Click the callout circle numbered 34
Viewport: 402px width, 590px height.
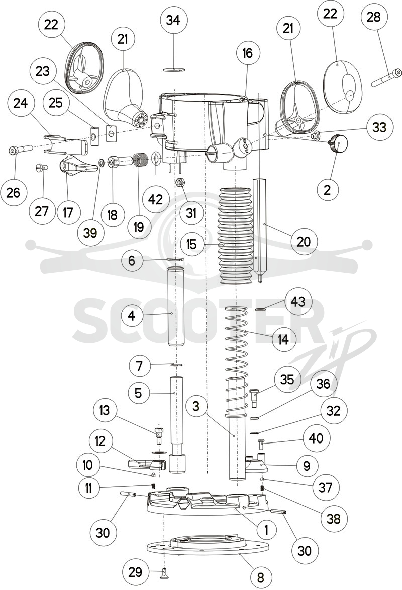pyautogui.click(x=173, y=21)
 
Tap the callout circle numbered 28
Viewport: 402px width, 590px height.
pyautogui.click(x=374, y=17)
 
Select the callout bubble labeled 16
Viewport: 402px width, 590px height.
pyautogui.click(x=248, y=53)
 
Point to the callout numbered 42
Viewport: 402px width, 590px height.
pyautogui.click(x=156, y=199)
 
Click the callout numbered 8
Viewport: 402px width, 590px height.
pyautogui.click(x=260, y=576)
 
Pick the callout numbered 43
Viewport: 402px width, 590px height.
pyautogui.click(x=298, y=302)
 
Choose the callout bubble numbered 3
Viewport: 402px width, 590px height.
pyautogui.click(x=196, y=407)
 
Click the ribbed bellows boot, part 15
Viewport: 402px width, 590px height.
pyautogui.click(x=237, y=235)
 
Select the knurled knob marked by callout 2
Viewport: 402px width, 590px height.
pyautogui.click(x=338, y=143)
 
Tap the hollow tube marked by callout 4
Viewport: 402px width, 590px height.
pyautogui.click(x=174, y=306)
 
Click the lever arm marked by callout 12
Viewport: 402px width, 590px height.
pyautogui.click(x=147, y=464)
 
